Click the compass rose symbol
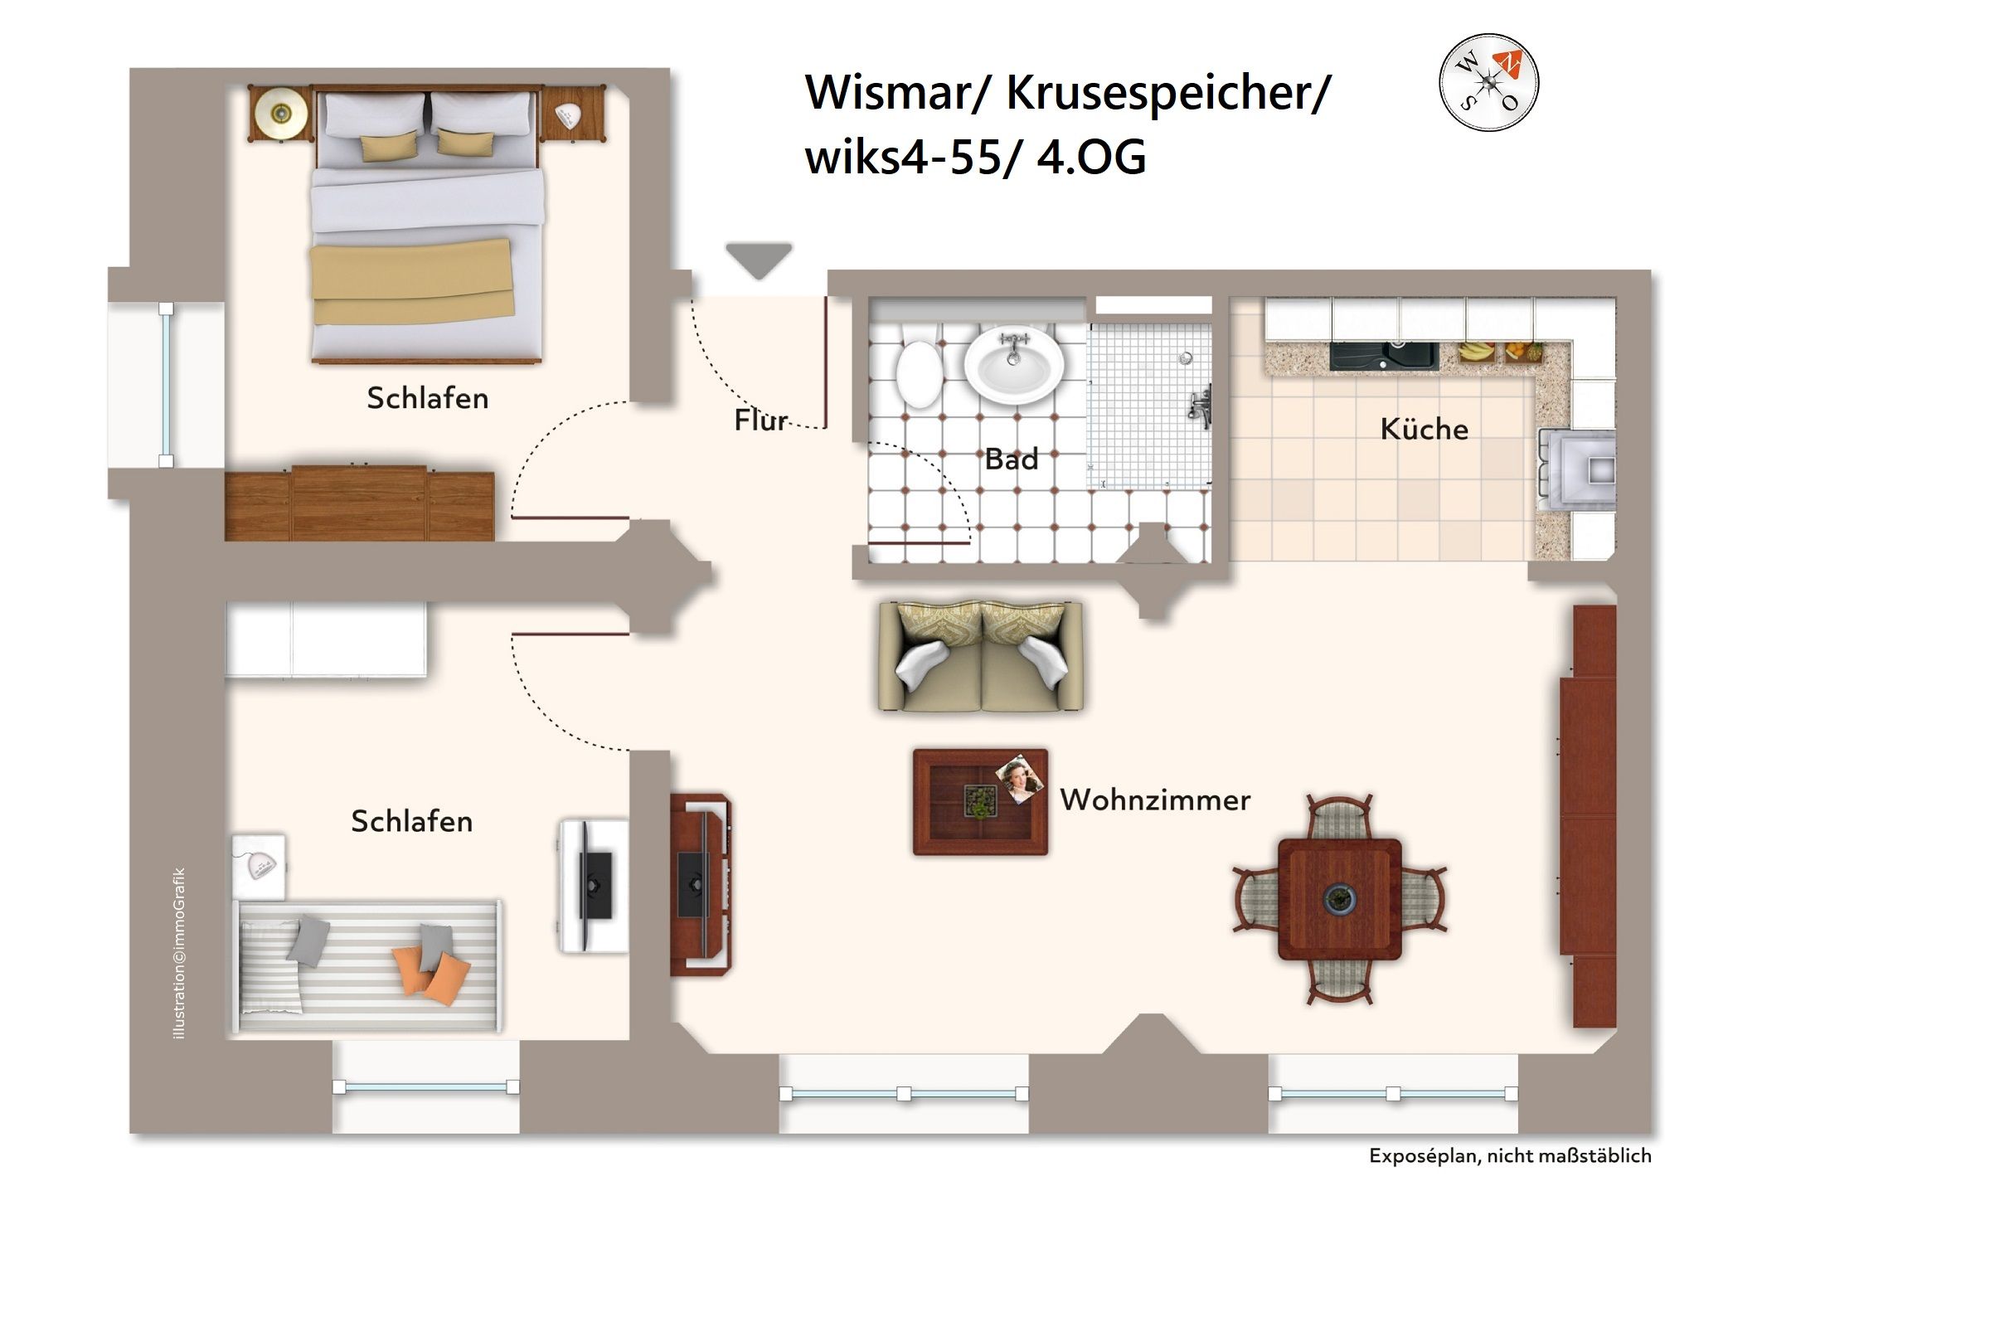1488,82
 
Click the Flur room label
760,420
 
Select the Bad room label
1011,459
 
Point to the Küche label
1424,429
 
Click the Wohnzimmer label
1155,800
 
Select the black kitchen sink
1383,356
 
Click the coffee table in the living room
980,801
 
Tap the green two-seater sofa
981,657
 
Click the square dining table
1339,899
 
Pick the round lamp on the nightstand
280,113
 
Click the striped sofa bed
368,965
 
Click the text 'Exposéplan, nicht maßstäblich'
1509,1156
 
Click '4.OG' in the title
1090,158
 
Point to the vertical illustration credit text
178,953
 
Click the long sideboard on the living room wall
1588,816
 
